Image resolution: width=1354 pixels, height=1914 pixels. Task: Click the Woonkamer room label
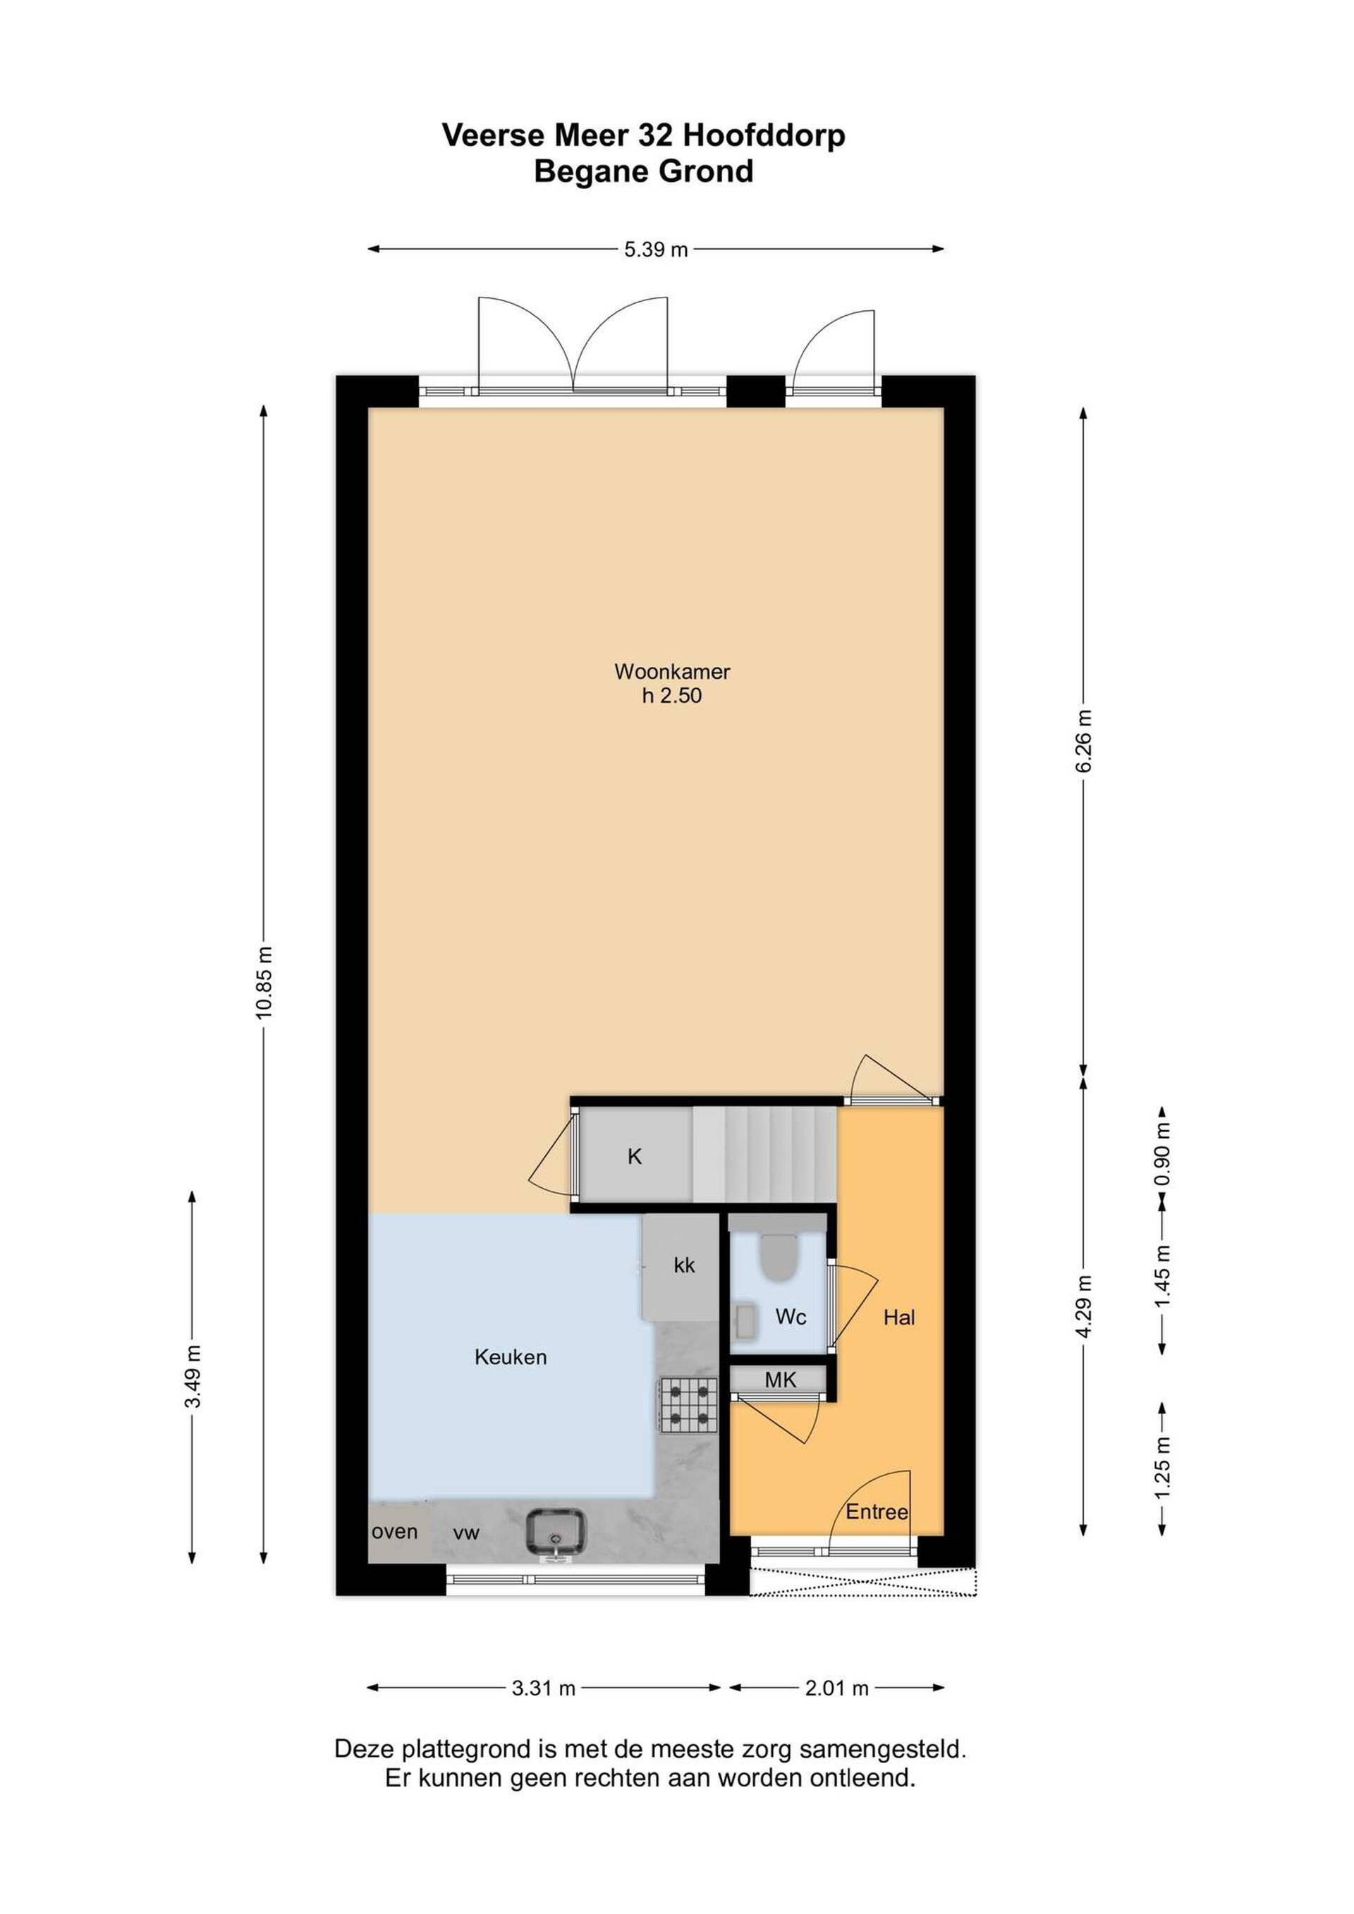coord(672,671)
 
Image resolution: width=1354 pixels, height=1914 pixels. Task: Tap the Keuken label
coord(511,1357)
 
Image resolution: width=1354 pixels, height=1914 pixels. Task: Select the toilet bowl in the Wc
coord(779,1259)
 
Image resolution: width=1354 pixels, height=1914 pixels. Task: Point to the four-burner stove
coord(689,1404)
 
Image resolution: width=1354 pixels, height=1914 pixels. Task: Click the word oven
coord(394,1532)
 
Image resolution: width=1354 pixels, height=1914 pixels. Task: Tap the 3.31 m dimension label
coord(544,1688)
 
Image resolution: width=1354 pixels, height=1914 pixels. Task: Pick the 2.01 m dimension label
coord(836,1688)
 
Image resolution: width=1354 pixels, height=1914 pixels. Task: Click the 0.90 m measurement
coord(1162,1155)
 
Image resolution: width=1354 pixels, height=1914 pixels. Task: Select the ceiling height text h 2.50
coord(672,695)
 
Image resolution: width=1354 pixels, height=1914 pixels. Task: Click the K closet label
coord(635,1156)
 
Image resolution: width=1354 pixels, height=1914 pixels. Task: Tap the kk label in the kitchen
coord(685,1265)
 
